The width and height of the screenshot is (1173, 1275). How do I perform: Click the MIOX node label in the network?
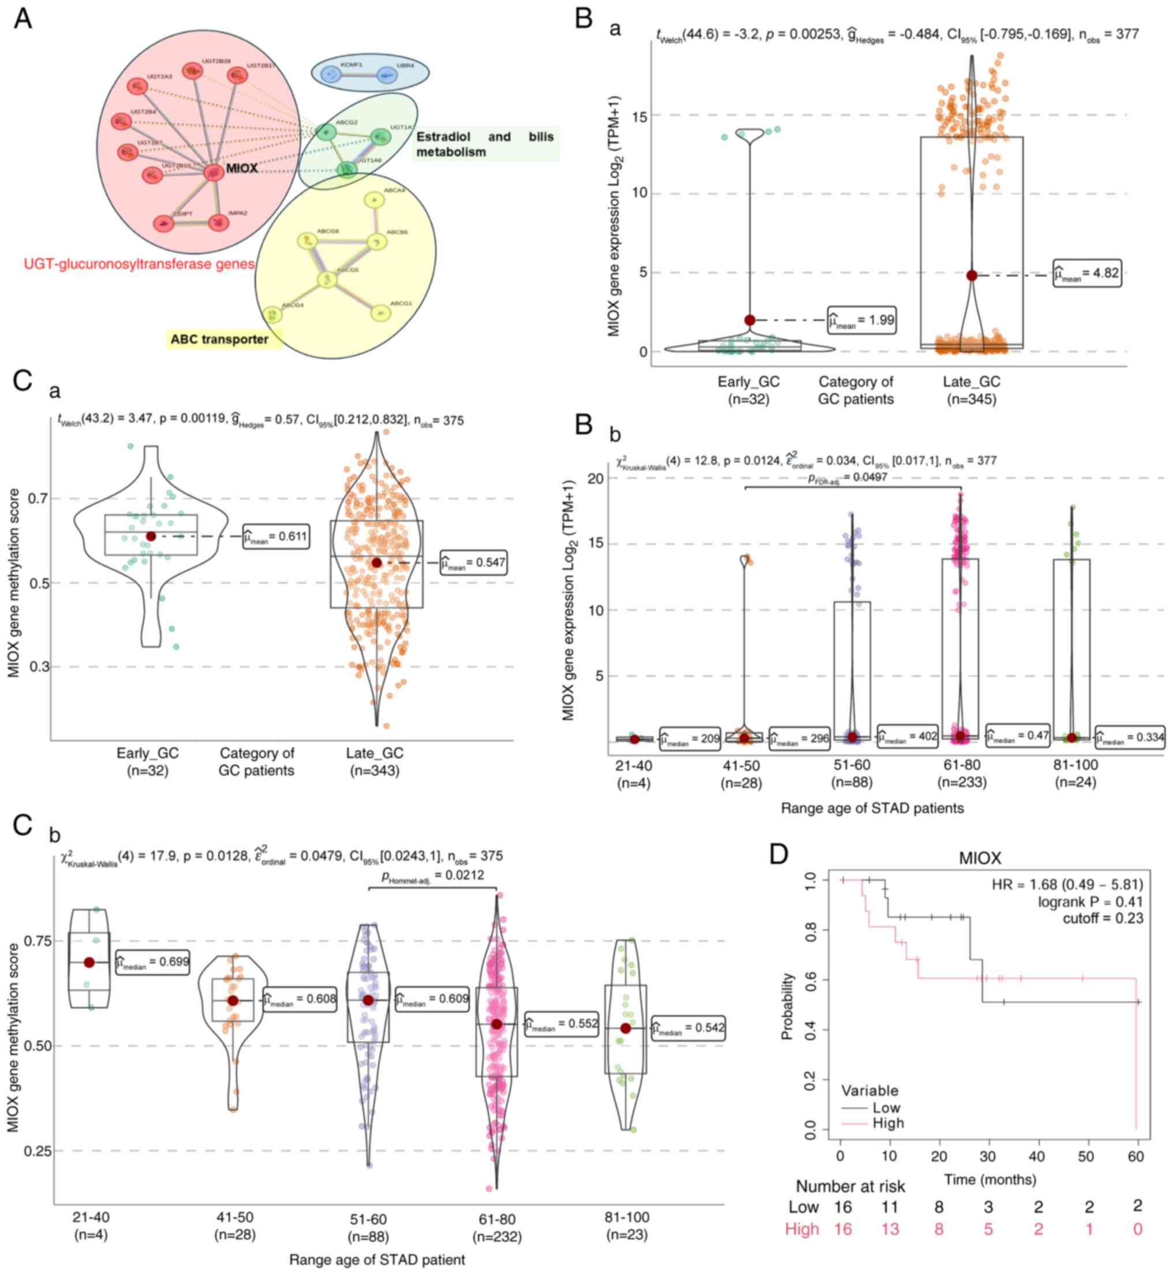[x=242, y=168]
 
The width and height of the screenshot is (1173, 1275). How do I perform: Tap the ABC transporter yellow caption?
[x=219, y=339]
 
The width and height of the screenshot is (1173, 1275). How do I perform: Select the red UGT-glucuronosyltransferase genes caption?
[x=139, y=263]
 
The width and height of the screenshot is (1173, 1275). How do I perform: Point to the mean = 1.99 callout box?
[x=861, y=320]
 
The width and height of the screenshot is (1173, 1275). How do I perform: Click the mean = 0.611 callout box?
[x=276, y=537]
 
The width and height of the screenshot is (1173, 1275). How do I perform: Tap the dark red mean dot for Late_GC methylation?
[x=376, y=562]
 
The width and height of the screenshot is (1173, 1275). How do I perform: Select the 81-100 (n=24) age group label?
[x=1075, y=773]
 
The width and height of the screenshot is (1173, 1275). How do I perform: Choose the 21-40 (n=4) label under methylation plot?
[x=91, y=1226]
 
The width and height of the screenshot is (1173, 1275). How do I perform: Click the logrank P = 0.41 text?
[x=1090, y=901]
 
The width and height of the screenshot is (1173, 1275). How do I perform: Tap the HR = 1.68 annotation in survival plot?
[x=1067, y=884]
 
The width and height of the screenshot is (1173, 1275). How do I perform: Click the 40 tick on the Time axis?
[x=1037, y=1156]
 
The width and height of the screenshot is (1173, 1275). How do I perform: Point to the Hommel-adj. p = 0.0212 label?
[x=432, y=876]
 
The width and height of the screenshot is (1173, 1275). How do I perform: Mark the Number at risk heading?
[x=850, y=1186]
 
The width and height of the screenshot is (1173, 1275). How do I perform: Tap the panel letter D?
[x=779, y=854]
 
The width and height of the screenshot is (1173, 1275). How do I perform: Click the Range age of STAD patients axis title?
[x=872, y=808]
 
